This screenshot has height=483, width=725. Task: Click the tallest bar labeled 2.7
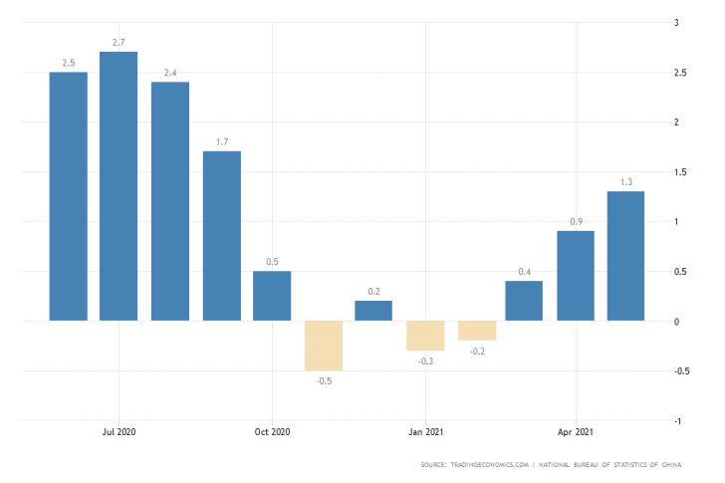coord(119,186)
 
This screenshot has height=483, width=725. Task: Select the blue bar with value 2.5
coord(68,196)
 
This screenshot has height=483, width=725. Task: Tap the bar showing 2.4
coord(170,201)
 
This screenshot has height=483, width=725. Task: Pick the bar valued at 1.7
coord(221,236)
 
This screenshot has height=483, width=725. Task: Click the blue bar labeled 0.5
coord(272,296)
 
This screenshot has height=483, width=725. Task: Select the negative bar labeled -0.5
coord(323,346)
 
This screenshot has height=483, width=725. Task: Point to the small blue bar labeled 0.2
coord(373,311)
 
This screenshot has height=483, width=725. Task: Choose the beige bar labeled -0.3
coord(425,336)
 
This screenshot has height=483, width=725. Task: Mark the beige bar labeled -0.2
coord(476,331)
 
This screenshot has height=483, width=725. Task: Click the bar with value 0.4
coord(524,301)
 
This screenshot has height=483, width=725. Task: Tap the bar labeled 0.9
coord(576,276)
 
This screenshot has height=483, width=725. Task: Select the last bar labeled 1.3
coord(626,256)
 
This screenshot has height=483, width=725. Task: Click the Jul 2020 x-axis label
coord(119,432)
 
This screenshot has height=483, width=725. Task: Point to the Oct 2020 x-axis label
coord(272,432)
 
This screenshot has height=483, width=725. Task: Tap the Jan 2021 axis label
coord(425,432)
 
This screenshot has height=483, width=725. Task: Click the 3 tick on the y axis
coord(677,23)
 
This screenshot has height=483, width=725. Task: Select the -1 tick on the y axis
coord(677,421)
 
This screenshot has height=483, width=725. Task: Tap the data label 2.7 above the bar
coord(119,43)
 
